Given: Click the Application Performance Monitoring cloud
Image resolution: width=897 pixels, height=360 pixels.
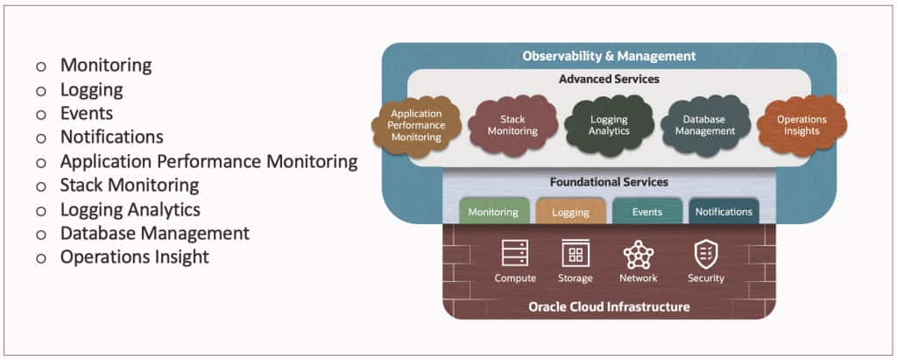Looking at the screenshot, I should point(417,125).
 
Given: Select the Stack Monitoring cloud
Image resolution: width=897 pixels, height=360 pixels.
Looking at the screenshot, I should point(512,125).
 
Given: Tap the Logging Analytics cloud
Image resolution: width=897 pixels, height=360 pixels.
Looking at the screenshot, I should point(609,125).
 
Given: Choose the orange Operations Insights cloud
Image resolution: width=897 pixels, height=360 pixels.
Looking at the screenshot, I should point(801,125).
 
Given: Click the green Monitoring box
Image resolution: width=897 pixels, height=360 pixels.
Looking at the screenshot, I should point(492,212).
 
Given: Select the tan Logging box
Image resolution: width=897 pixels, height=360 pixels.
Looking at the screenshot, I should point(570,212).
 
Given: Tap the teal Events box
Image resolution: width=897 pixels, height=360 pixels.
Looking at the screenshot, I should point(646,212).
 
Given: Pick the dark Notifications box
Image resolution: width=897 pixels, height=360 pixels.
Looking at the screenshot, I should point(724,212).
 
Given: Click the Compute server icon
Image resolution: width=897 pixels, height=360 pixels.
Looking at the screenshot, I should point(515,254).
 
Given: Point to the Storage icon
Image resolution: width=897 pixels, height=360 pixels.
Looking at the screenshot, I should point(576,254).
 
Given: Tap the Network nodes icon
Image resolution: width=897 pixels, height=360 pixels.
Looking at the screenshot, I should point(638,254).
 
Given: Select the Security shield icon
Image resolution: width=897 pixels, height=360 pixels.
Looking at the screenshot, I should point(705,254).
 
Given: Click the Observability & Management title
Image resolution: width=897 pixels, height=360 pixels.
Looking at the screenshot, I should point(609,56).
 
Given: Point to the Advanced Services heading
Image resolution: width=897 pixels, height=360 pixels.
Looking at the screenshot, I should point(609,79).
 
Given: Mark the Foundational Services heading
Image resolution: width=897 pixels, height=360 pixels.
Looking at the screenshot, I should point(609,182).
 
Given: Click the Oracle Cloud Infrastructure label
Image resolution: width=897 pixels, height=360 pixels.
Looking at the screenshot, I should point(609,307).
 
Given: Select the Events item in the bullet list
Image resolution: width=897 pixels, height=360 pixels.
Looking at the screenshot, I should point(86,113).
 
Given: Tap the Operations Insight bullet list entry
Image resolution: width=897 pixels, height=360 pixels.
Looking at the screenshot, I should point(134,257).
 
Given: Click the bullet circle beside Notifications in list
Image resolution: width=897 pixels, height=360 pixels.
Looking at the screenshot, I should point(39,138).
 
